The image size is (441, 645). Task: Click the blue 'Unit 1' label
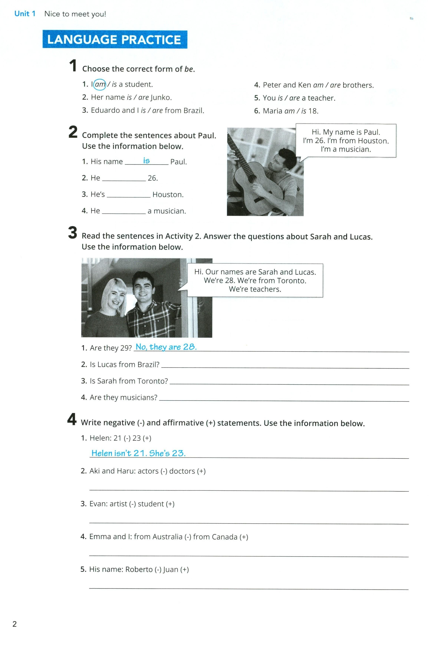pos(25,14)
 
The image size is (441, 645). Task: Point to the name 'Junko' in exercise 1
pos(161,97)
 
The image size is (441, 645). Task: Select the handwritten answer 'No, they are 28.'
pos(166,347)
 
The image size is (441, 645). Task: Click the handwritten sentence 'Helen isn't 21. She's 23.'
pos(138,453)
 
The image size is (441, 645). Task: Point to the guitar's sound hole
pos(251,178)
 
